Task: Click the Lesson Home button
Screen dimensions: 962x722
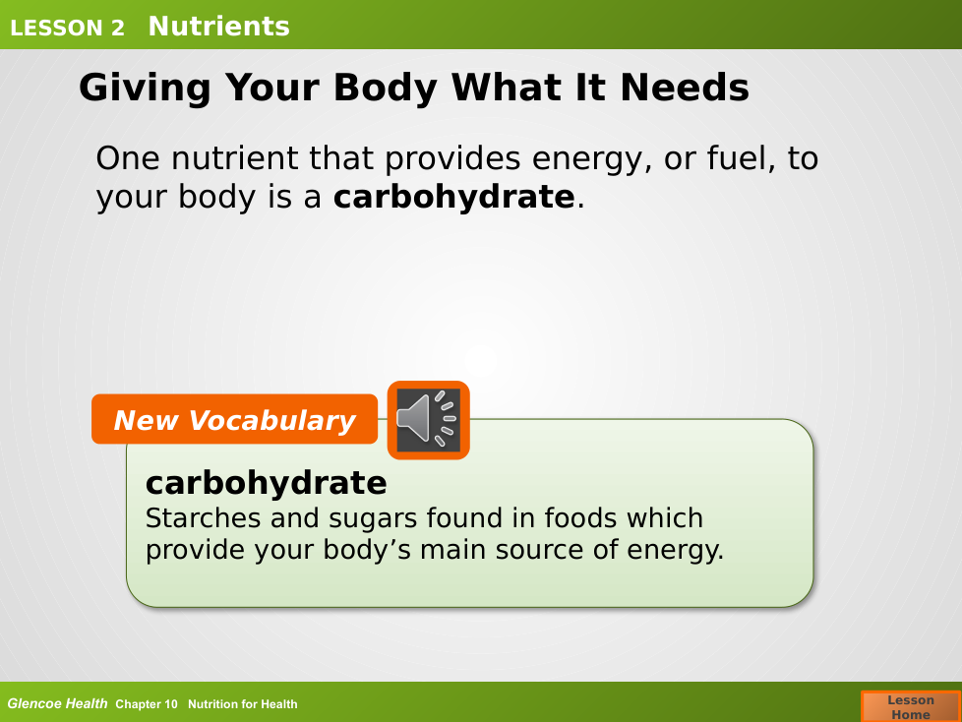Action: click(x=911, y=706)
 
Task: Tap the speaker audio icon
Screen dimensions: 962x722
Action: click(x=428, y=420)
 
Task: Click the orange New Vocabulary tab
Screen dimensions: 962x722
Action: click(x=234, y=419)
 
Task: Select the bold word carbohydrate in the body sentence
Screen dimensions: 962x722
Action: click(x=454, y=197)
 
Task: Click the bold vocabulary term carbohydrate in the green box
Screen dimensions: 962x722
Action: click(x=266, y=483)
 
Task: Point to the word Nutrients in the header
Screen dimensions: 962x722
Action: click(x=218, y=26)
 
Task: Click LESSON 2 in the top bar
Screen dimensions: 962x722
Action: click(x=67, y=29)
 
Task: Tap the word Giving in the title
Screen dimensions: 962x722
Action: click(x=145, y=89)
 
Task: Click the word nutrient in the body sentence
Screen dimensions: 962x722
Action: click(x=235, y=158)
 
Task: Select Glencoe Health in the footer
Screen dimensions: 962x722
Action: click(x=57, y=703)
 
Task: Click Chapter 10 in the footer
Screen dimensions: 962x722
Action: click(x=146, y=704)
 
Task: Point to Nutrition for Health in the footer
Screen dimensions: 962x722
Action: click(x=242, y=704)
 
